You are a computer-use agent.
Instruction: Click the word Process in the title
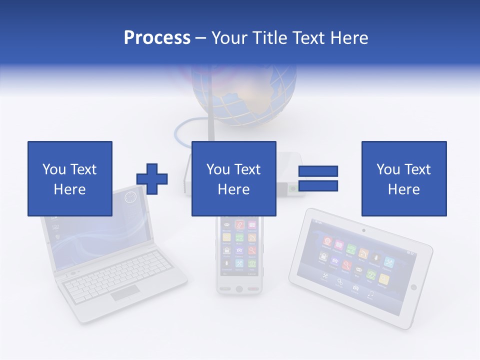click(x=157, y=37)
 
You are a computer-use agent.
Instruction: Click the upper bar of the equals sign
click(x=318, y=171)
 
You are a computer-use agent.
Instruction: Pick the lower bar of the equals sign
click(x=318, y=186)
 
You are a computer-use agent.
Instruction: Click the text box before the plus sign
click(x=70, y=178)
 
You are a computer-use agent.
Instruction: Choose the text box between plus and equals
click(x=233, y=178)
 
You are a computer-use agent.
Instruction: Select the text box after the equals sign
click(x=404, y=178)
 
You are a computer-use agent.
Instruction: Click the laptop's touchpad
click(x=125, y=293)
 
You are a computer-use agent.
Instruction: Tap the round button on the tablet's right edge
click(x=413, y=287)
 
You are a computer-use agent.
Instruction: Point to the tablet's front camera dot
click(x=363, y=230)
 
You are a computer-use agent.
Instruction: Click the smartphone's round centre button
click(x=239, y=289)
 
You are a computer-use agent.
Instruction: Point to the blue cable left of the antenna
click(x=182, y=130)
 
